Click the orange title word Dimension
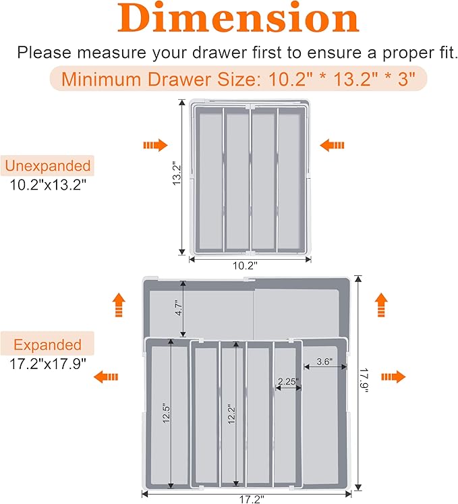tap(238, 18)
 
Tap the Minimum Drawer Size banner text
tap(238, 78)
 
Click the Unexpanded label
tap(48, 166)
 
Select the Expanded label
tap(47, 345)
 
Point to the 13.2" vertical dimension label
tap(177, 173)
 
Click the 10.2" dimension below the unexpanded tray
tap(245, 266)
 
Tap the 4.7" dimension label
tap(179, 308)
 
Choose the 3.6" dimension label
tap(324, 362)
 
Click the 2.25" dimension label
tap(288, 381)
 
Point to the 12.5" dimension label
tap(166, 413)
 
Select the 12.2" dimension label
tap(231, 415)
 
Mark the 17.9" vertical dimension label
tap(364, 381)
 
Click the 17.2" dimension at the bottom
tap(252, 499)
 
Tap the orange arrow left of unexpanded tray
tap(156, 145)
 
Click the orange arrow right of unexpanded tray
tap(332, 145)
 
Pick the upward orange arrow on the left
tap(119, 305)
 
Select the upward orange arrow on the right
tap(381, 305)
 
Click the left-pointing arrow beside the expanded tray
tap(106, 376)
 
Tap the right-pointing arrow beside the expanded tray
tap(393, 376)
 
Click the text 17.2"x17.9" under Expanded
tap(48, 364)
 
